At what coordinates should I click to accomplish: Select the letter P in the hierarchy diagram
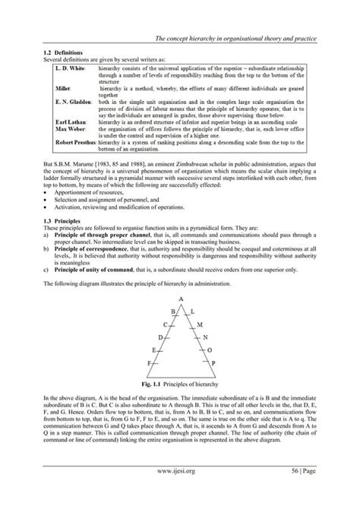pyautogui.click(x=215, y=364)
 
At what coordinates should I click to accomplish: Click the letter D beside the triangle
pyautogui.click(x=160, y=336)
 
